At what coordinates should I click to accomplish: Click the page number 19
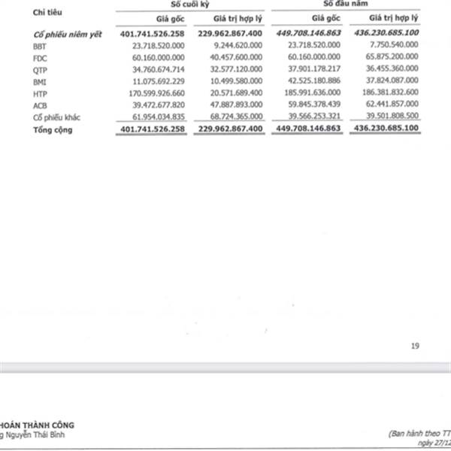click(414, 346)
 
